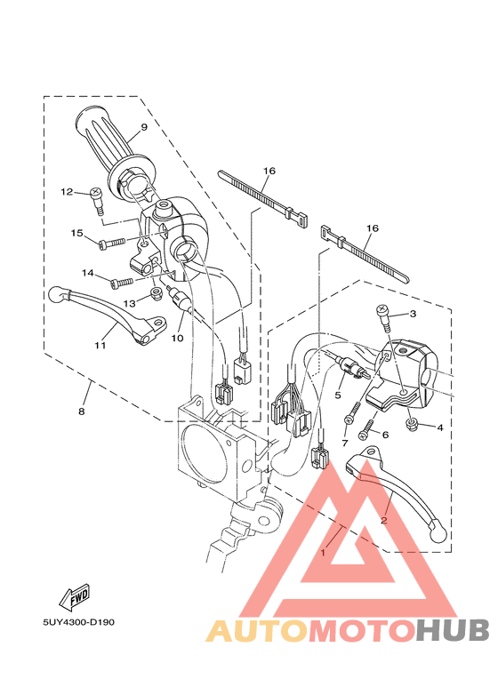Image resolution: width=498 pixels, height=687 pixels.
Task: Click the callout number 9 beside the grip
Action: pos(143,127)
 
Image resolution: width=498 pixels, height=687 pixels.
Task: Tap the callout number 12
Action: pos(67,192)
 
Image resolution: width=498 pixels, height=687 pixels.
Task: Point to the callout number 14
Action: pos(89,273)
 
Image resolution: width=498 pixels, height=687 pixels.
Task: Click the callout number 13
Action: pos(130,302)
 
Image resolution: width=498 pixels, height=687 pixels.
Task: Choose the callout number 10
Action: pos(178,339)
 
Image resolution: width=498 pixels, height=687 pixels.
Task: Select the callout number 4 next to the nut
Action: pos(439,427)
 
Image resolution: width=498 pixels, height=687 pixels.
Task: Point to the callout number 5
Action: pos(338,394)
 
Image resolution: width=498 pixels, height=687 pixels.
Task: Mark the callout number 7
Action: pos(345,443)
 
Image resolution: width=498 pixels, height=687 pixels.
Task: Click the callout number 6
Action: pos(385,435)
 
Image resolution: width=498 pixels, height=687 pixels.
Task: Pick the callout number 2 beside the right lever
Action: pos(384,521)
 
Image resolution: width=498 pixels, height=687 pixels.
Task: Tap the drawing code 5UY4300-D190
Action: pos(77,621)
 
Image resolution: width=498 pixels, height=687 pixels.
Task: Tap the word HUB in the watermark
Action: pos(454,630)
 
